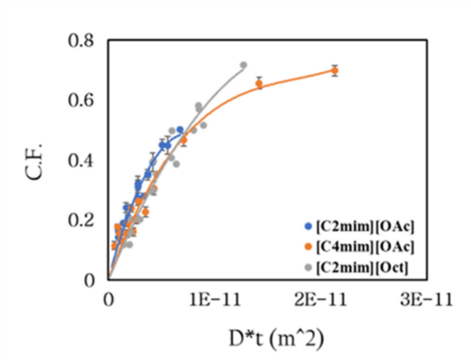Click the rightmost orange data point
(x=334, y=71)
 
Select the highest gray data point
(x=243, y=65)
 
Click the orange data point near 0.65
(x=259, y=84)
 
